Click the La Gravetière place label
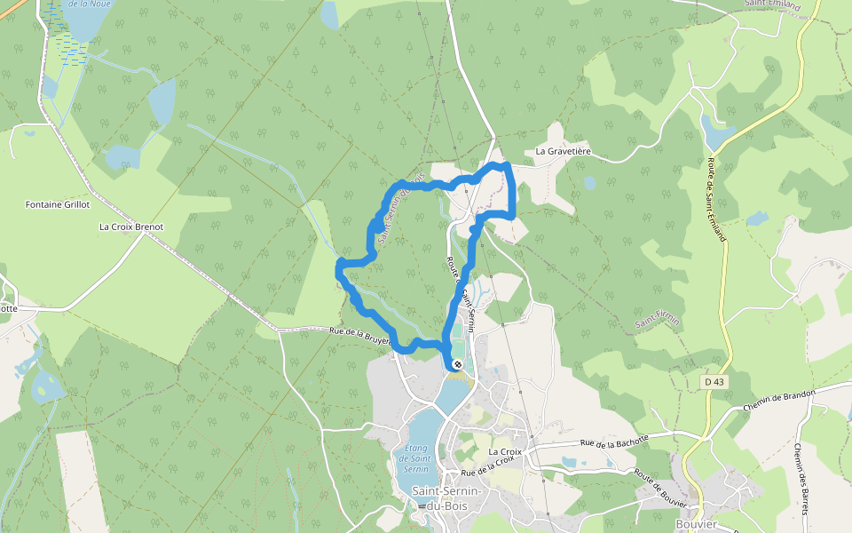point(563,152)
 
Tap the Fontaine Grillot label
point(58,204)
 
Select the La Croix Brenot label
point(131,227)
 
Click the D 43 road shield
point(713,381)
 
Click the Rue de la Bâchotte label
point(615,440)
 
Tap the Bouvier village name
point(696,524)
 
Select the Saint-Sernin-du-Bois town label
point(446,498)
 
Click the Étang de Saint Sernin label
point(415,457)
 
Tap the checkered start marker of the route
point(456,364)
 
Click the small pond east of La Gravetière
point(590,183)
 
